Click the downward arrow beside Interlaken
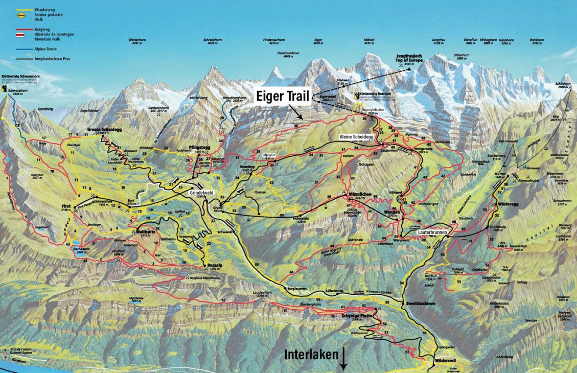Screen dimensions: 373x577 point(343,358)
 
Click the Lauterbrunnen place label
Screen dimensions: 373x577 point(433,231)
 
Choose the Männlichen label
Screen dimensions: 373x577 point(345,194)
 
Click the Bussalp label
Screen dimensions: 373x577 point(214,265)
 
